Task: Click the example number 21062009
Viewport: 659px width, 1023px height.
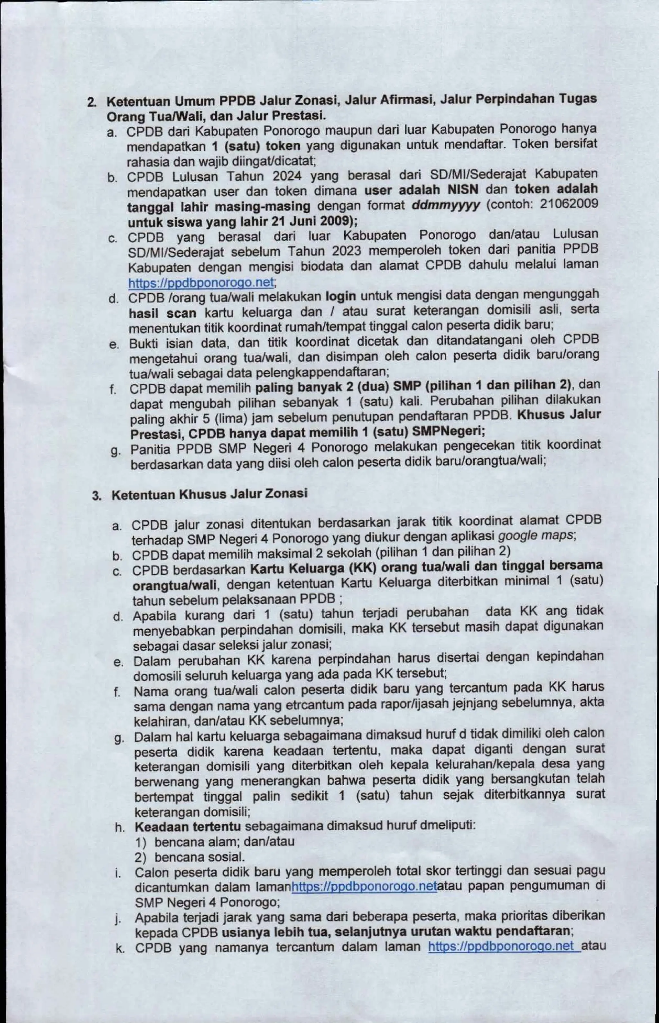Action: (568, 204)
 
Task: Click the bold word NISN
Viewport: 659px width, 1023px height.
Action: (463, 189)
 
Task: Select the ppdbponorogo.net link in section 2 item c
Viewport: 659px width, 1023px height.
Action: (201, 283)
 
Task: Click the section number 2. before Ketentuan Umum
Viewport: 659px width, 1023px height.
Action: (92, 103)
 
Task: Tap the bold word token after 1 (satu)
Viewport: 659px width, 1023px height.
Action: (283, 146)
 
